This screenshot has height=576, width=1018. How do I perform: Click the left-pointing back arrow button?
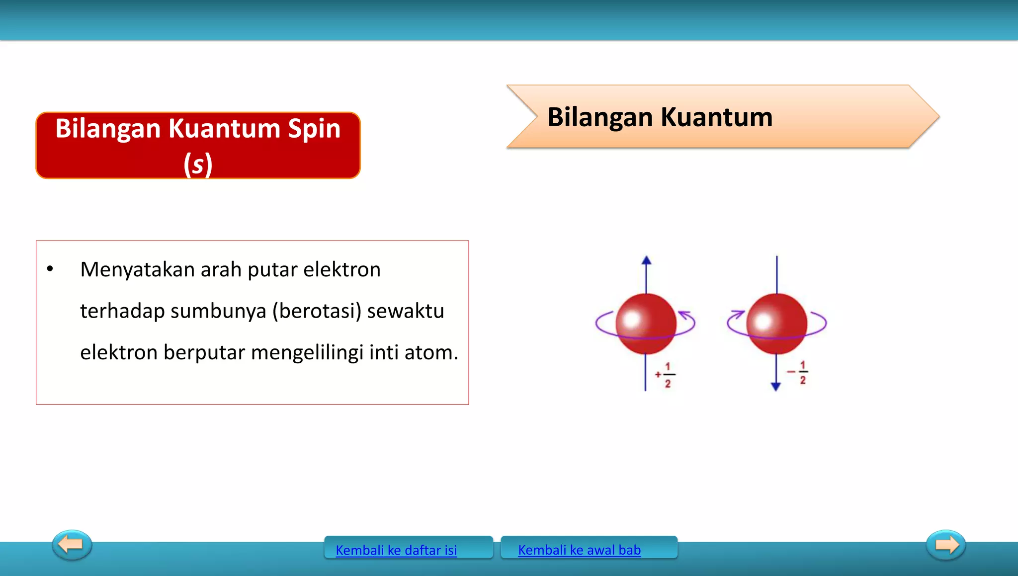pos(72,545)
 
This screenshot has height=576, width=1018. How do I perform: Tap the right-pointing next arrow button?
pos(946,545)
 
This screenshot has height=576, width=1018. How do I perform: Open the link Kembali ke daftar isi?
pos(396,550)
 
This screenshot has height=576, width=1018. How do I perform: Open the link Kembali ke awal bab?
pos(579,550)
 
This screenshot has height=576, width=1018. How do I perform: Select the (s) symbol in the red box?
pos(198,165)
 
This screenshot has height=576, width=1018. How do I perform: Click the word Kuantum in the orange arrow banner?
pos(716,117)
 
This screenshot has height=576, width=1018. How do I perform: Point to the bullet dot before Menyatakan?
pos(50,269)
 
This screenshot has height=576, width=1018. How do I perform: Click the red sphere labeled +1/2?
pos(646,324)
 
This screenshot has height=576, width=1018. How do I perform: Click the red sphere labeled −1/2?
pos(776,324)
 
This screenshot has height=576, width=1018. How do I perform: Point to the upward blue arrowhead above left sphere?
pos(646,260)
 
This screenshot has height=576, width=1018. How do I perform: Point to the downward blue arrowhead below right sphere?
pos(776,387)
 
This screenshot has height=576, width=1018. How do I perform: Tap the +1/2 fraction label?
pos(666,375)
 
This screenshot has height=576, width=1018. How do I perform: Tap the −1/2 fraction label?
pos(798,372)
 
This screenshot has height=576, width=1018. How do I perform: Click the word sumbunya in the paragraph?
pos(218,311)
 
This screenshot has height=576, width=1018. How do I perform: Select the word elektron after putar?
pos(342,270)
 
